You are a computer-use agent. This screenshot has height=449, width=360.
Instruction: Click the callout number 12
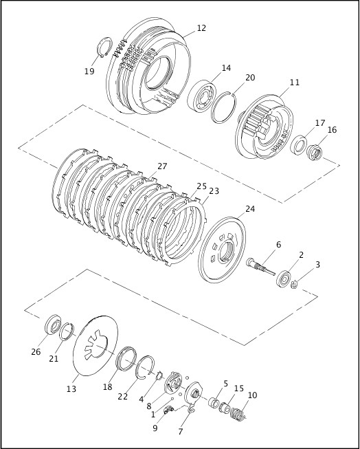tap(201, 28)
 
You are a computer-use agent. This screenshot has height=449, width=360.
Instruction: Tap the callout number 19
tap(89, 71)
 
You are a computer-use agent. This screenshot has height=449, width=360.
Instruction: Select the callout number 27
tap(162, 166)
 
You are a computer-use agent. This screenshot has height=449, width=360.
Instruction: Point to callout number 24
tap(249, 209)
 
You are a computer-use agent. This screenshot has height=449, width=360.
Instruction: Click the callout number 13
tap(71, 388)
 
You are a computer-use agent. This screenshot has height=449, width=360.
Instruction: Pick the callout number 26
tap(36, 353)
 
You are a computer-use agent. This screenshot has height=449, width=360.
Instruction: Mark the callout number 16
tap(332, 129)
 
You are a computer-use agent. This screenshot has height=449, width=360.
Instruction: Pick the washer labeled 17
tap(300, 145)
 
